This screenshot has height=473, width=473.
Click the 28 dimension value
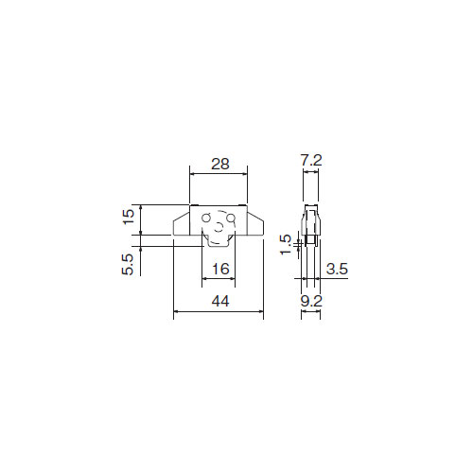click(220, 165)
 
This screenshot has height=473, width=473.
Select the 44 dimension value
click(220, 302)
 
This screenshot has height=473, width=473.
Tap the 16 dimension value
click(220, 269)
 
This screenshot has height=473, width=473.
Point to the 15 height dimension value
click(129, 217)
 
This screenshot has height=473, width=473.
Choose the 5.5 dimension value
click(128, 264)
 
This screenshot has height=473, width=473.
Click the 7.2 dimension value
click(311, 161)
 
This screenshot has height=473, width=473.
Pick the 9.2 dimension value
click(311, 302)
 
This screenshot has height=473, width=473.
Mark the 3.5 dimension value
click(337, 270)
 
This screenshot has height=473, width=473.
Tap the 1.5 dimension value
click(286, 244)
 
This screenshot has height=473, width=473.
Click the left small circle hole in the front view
click(206, 218)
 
